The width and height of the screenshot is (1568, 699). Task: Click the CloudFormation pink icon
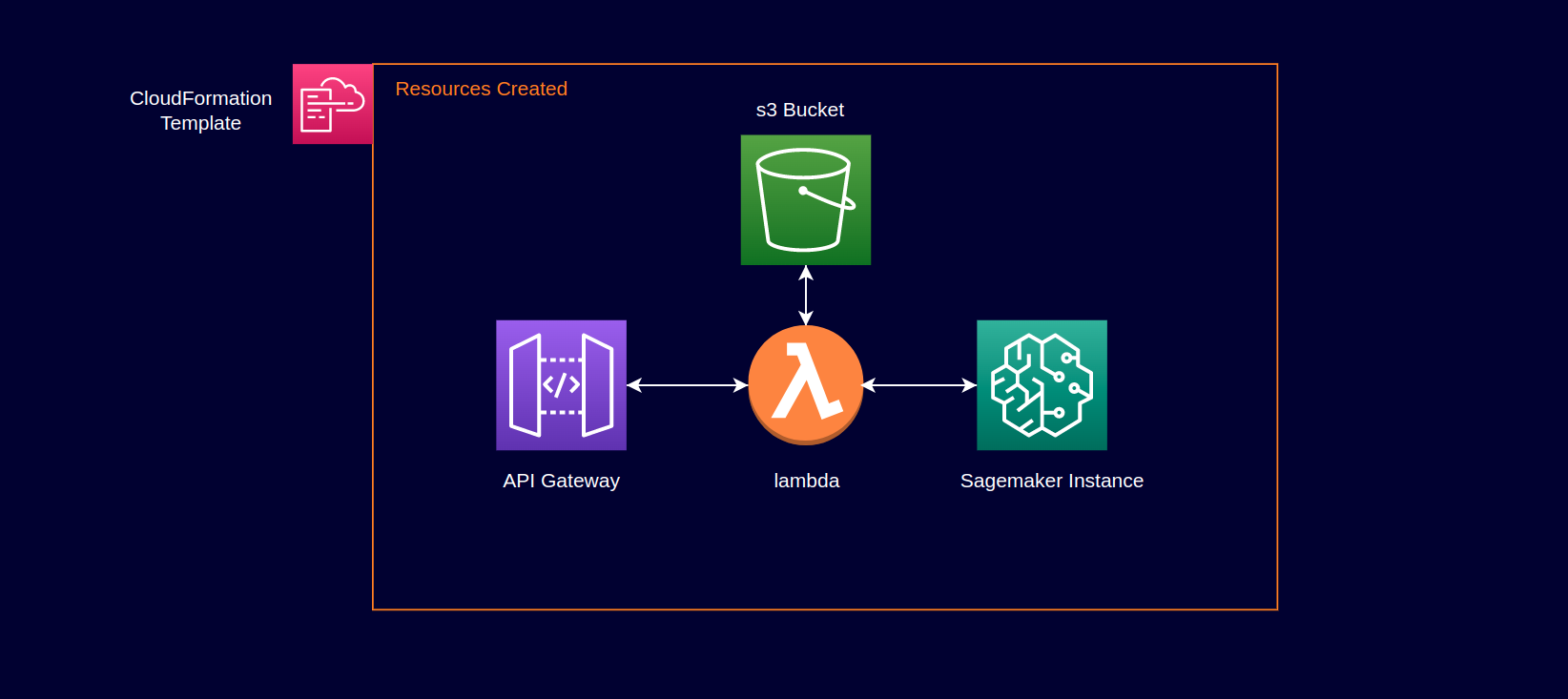332,104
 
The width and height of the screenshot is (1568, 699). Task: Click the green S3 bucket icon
805,199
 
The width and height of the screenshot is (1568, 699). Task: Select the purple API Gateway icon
561,384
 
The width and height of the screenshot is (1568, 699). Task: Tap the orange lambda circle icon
805,384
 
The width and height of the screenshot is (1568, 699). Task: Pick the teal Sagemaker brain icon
1042,384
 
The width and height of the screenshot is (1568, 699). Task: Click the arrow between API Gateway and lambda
687,385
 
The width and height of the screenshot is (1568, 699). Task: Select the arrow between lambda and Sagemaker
919,385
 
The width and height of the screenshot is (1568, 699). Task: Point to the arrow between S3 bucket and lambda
806,296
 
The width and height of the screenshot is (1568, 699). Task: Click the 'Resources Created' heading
481,89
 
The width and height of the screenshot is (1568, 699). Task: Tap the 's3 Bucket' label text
799,110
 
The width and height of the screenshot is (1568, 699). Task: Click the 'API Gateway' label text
561,481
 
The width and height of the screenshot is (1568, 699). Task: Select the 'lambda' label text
806,481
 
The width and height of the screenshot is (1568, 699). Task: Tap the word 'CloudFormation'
200,98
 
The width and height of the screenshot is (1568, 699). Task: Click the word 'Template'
200,123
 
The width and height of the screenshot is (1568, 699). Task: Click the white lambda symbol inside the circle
806,381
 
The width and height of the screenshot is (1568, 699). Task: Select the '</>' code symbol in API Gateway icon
561,384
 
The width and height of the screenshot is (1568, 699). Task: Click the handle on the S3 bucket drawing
828,199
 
